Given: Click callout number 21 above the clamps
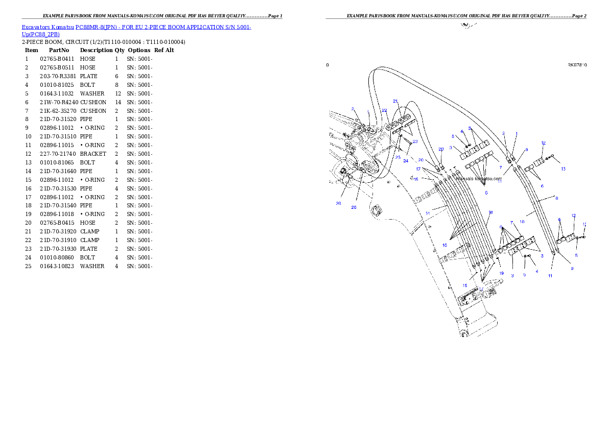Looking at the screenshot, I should coord(395,101).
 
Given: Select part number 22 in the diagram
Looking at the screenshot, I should coord(384,110).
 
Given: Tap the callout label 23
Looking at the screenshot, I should coord(415,141).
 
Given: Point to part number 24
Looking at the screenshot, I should coord(406,161).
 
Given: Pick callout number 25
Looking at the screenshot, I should coord(397,157).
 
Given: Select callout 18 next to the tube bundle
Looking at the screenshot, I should coord(490,212).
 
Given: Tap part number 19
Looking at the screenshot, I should coord(501,273).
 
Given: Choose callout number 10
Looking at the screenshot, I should coord(522,222).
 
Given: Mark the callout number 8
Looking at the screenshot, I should coord(556,198).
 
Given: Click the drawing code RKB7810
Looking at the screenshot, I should coord(577,65).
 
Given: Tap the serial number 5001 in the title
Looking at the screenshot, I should coord(244,27).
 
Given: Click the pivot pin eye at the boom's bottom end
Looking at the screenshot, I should coord(464,335).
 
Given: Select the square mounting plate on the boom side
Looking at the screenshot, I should coord(377,210).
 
